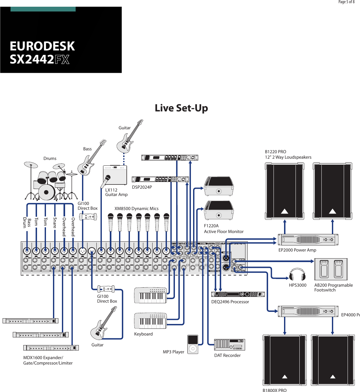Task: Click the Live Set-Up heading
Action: [x=181, y=108]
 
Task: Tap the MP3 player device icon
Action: [x=193, y=344]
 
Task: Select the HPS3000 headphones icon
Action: [x=297, y=275]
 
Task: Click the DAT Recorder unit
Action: [x=229, y=344]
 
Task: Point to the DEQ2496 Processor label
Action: [x=230, y=302]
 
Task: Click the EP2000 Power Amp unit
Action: [x=308, y=239]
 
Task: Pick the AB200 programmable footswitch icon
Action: [x=331, y=269]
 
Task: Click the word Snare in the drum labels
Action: [x=55, y=223]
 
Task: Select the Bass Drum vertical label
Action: [x=27, y=223]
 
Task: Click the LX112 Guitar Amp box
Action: [x=115, y=175]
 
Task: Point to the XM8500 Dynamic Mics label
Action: [x=136, y=209]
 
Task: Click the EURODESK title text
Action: [x=42, y=46]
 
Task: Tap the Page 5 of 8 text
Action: [x=346, y=2]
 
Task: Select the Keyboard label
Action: [x=143, y=334]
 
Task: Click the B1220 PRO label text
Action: [x=275, y=152]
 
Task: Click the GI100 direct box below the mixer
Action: [x=106, y=289]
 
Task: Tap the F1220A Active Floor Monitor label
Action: [x=223, y=229]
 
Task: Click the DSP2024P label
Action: [x=142, y=187]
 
